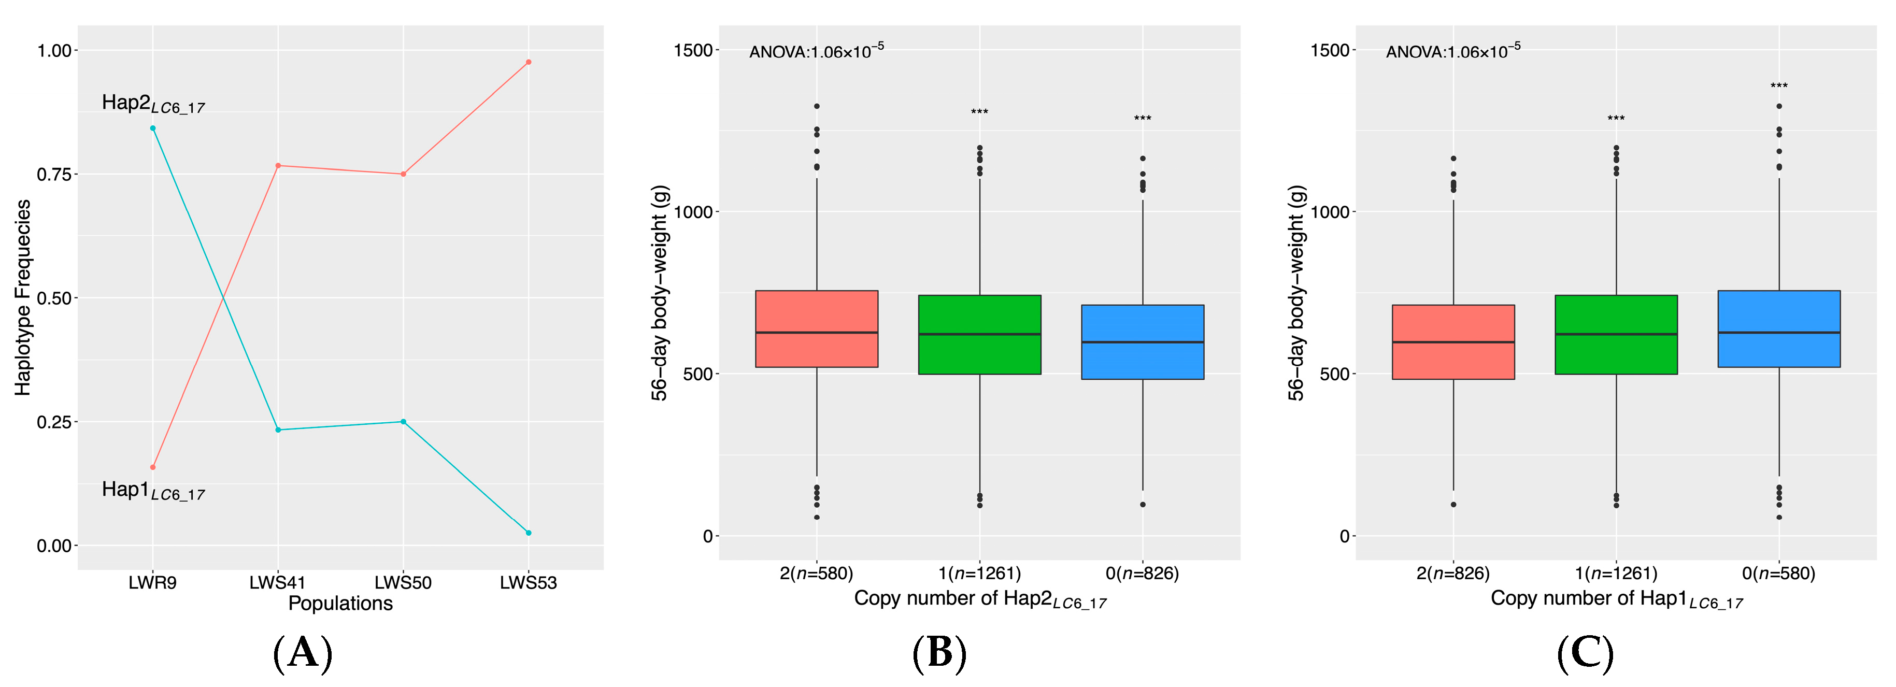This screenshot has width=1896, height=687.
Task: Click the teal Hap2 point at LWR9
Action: [x=152, y=128]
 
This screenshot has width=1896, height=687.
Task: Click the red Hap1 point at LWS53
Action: [x=529, y=62]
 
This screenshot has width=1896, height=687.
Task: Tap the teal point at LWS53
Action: [x=529, y=533]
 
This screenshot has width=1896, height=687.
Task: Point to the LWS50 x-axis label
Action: [x=403, y=582]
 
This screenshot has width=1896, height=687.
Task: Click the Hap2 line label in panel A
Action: [x=152, y=104]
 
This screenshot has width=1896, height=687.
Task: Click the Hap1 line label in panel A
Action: [x=152, y=491]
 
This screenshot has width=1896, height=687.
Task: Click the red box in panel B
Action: [x=816, y=329]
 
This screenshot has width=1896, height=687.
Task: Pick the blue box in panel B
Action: [x=1142, y=342]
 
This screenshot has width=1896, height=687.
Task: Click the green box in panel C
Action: [x=1616, y=335]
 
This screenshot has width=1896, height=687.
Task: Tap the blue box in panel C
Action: [x=1778, y=329]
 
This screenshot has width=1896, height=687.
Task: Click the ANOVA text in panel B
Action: [x=816, y=51]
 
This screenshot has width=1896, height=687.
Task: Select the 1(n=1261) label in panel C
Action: [x=1616, y=573]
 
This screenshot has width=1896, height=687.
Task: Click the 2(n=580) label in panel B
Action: [x=816, y=573]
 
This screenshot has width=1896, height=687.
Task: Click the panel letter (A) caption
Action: [x=303, y=652]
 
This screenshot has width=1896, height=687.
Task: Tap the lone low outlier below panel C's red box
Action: [x=1453, y=505]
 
